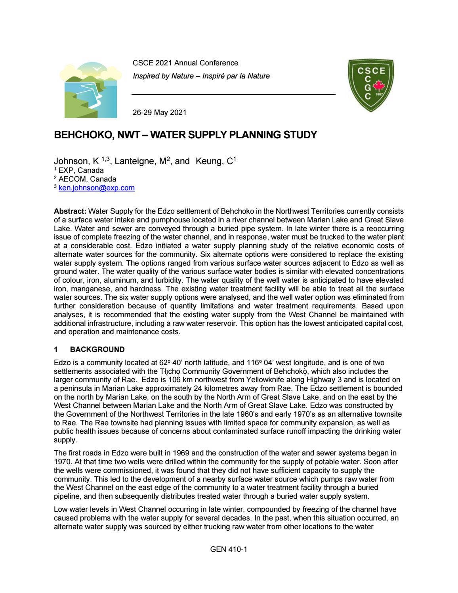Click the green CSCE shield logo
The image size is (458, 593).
click(370, 85)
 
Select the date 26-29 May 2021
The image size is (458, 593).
click(159, 113)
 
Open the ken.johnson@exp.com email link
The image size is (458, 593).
click(97, 188)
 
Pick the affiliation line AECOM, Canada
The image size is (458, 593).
click(87, 179)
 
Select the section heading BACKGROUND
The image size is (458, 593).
click(97, 350)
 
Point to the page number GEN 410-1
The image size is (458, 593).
click(229, 549)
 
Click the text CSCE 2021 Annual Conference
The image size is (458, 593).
click(185, 63)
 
